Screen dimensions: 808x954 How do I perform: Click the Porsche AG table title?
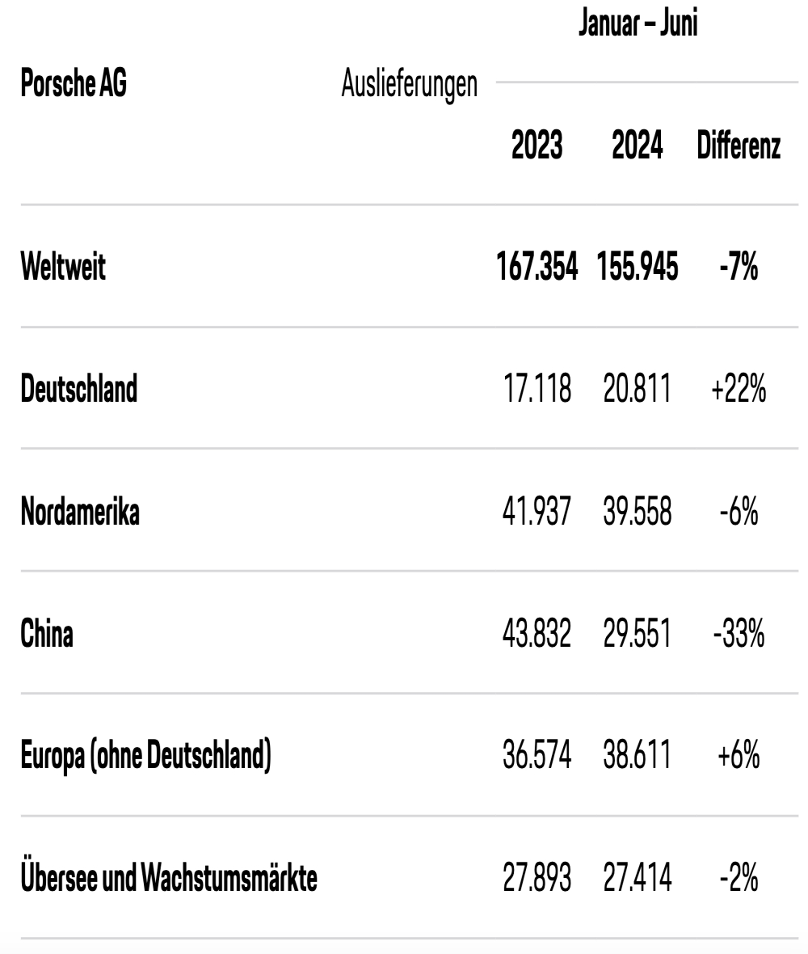74,82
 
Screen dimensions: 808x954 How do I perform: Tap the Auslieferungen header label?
409,85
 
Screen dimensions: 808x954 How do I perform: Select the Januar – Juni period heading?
638,23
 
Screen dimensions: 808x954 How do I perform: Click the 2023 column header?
537,146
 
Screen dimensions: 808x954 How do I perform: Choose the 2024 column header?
638,146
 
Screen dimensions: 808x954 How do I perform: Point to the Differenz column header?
739,146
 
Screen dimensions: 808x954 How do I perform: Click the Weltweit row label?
63,267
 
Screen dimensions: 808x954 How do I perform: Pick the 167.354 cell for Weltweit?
537,267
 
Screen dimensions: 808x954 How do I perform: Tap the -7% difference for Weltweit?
739,267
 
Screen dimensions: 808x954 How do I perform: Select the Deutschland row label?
79,388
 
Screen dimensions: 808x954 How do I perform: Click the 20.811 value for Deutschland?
638,389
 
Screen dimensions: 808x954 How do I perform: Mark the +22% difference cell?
739,389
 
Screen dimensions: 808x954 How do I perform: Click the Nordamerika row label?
80,511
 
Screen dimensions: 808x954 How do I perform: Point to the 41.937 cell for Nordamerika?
537,511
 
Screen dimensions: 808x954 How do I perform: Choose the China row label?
47,633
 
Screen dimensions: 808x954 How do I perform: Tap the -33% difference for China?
739,633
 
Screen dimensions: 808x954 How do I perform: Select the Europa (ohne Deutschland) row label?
146,756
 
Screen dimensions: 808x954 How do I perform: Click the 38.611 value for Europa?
638,756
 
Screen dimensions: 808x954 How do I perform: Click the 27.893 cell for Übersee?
537,878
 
